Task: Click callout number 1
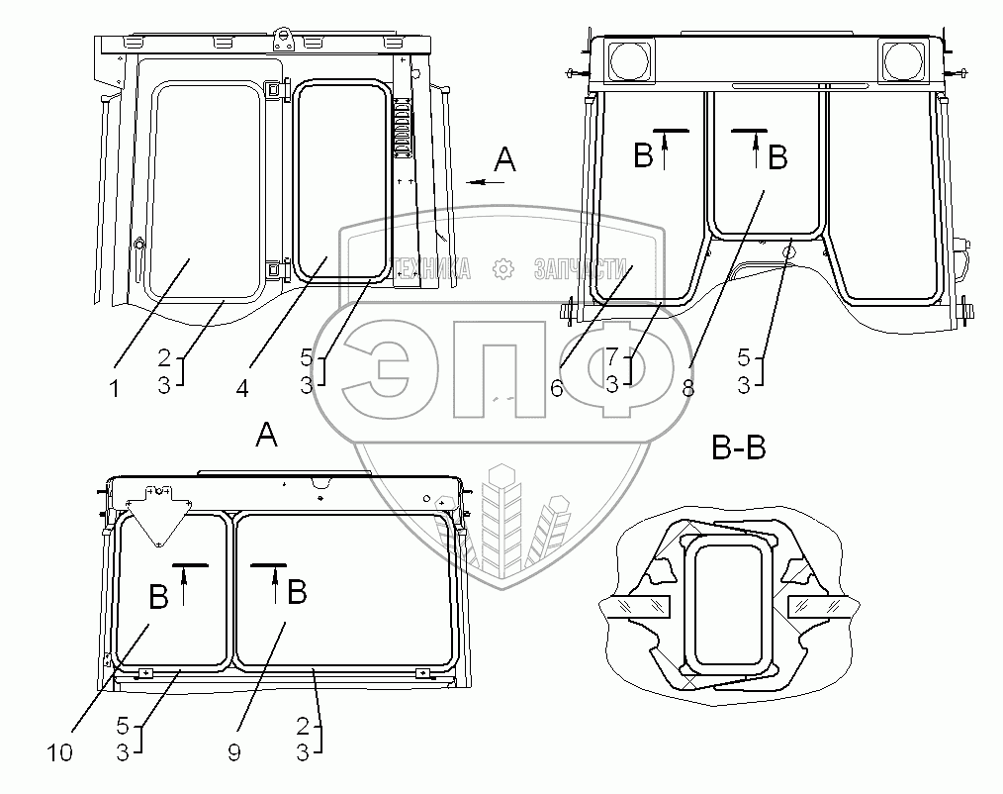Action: pos(115,389)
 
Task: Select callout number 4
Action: pos(241,388)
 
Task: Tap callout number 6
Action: pos(557,387)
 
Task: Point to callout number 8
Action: pos(688,387)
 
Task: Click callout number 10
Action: pos(59,753)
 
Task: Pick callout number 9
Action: pos(234,753)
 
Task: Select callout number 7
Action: pos(612,356)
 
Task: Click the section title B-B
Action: pos(739,447)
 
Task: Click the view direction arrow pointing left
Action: pos(485,182)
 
